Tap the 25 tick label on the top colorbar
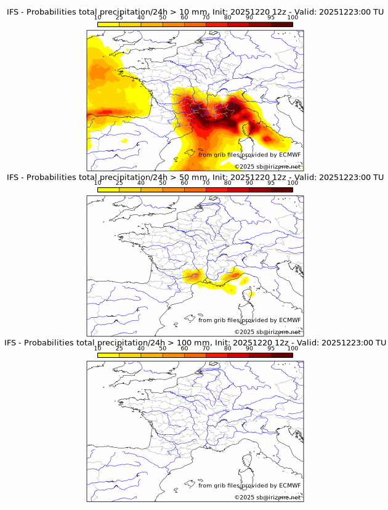coord(119,17)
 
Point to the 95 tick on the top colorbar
coord(271,17)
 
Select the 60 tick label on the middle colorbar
coord(184,182)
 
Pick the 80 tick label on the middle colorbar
coord(228,182)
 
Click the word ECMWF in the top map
coord(289,155)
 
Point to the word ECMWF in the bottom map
coord(289,485)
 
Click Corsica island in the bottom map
coord(251,458)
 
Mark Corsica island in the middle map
coord(251,294)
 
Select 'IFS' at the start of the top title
coord(13,12)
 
